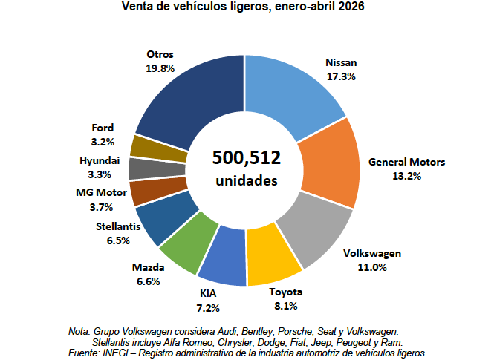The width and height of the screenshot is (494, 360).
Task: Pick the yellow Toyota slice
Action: [272, 255]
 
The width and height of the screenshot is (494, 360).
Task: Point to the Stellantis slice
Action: [166, 217]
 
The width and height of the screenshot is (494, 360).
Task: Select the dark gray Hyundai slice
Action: [157, 168]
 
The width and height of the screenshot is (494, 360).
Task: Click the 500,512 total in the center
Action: [247, 157]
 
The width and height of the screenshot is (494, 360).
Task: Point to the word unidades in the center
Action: [247, 180]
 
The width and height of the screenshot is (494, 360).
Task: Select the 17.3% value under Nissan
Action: [341, 76]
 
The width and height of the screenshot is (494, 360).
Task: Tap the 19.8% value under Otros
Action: [160, 68]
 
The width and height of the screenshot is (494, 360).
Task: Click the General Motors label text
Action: [407, 162]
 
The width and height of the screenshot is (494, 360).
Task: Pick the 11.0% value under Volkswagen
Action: [372, 267]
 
